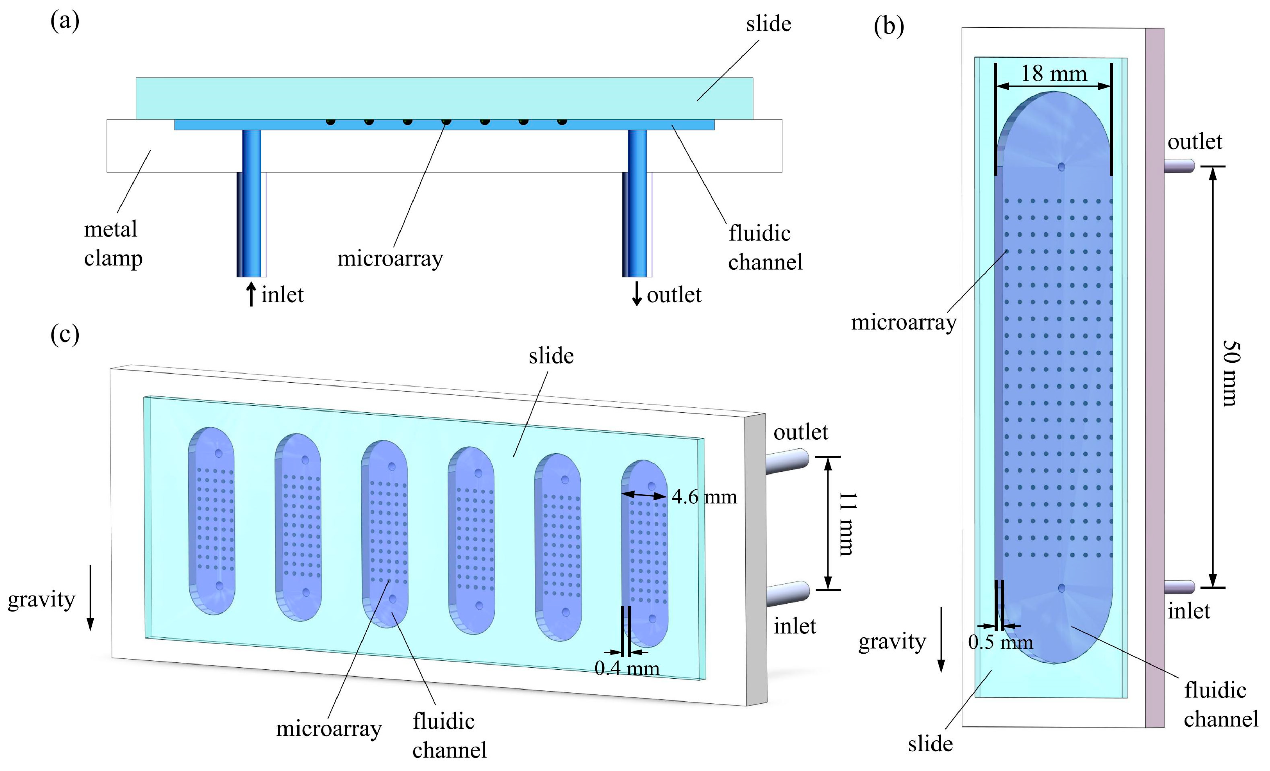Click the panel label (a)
click(65, 22)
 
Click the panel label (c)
click(65, 334)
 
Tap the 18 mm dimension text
click(1054, 74)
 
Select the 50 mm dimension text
click(1231, 373)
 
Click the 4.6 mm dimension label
click(704, 497)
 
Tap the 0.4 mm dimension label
click(627, 668)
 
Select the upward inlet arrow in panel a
click(251, 294)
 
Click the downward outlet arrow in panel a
click(637, 294)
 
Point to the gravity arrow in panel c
click(90, 598)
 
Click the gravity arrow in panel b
click(941, 640)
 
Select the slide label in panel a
click(768, 24)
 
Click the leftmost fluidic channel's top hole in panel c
click(218, 453)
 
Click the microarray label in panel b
click(903, 323)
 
